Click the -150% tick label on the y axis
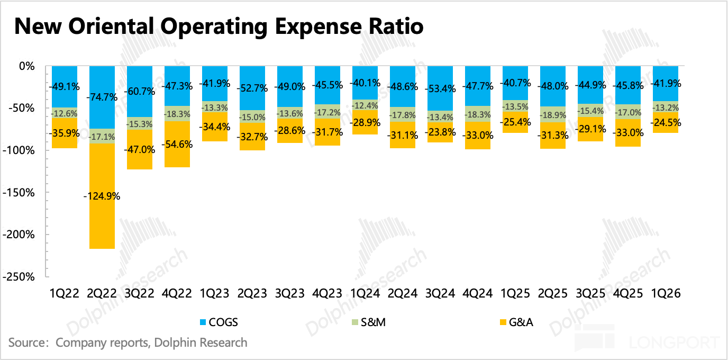[x=19, y=192]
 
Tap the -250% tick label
[x=19, y=277]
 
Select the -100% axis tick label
[x=19, y=150]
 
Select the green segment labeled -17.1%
[x=102, y=137]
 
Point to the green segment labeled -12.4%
[x=365, y=105]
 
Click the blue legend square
[x=203, y=322]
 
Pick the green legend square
[x=355, y=322]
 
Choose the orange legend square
[x=503, y=322]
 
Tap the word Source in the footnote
[x=26, y=343]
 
